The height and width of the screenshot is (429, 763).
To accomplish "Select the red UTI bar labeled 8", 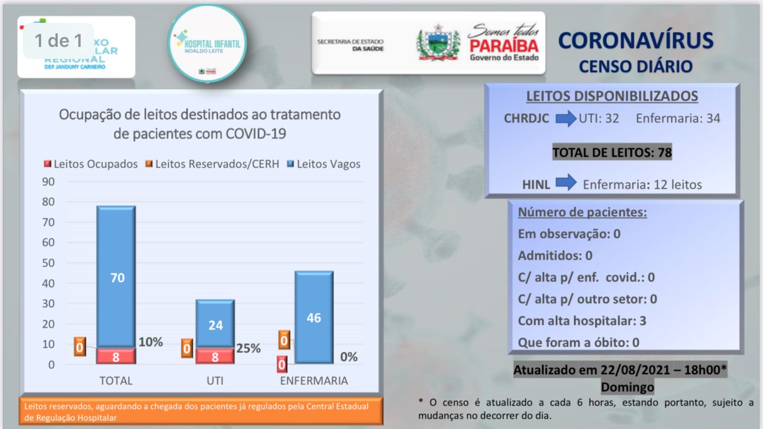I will point(215,356).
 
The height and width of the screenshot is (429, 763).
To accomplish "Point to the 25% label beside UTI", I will point(249,348).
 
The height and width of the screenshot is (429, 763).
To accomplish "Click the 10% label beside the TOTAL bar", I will point(150,342).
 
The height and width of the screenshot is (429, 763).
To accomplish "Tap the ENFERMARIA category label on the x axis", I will point(313,381).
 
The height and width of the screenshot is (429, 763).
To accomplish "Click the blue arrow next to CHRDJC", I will point(566,119).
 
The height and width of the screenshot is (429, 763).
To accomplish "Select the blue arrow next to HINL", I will point(566,184).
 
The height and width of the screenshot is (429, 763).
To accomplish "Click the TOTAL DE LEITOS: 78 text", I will point(611,152).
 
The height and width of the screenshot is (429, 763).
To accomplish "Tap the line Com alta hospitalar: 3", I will point(582,320).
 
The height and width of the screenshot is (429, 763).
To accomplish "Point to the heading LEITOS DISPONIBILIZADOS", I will point(611,96).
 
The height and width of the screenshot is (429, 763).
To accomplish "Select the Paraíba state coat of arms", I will point(438,43).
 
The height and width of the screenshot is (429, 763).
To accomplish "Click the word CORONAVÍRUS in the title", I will point(635,41).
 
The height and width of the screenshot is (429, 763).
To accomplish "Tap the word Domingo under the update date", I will point(627,387).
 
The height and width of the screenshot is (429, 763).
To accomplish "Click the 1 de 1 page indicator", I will point(58,41).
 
